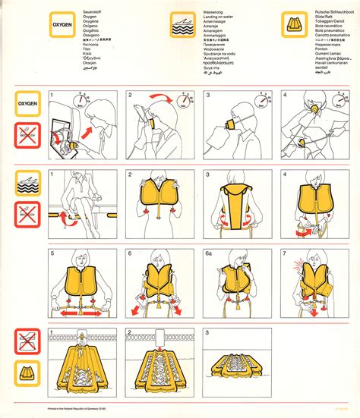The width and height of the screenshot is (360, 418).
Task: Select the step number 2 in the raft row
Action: [x=130, y=332]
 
